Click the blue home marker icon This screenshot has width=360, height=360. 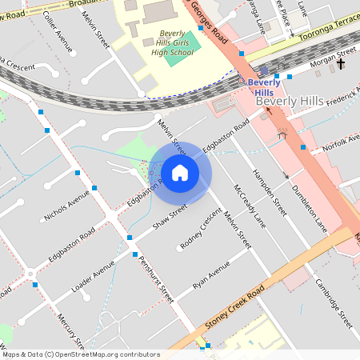(x=180, y=173)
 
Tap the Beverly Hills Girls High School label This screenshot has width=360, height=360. (x=172, y=43)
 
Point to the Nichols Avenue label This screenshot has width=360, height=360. (x=66, y=206)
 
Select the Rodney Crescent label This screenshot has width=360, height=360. (x=201, y=229)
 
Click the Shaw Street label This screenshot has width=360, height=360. (x=170, y=217)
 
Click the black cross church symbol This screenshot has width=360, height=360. (x=341, y=63)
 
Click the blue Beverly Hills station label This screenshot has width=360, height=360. (x=263, y=86)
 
